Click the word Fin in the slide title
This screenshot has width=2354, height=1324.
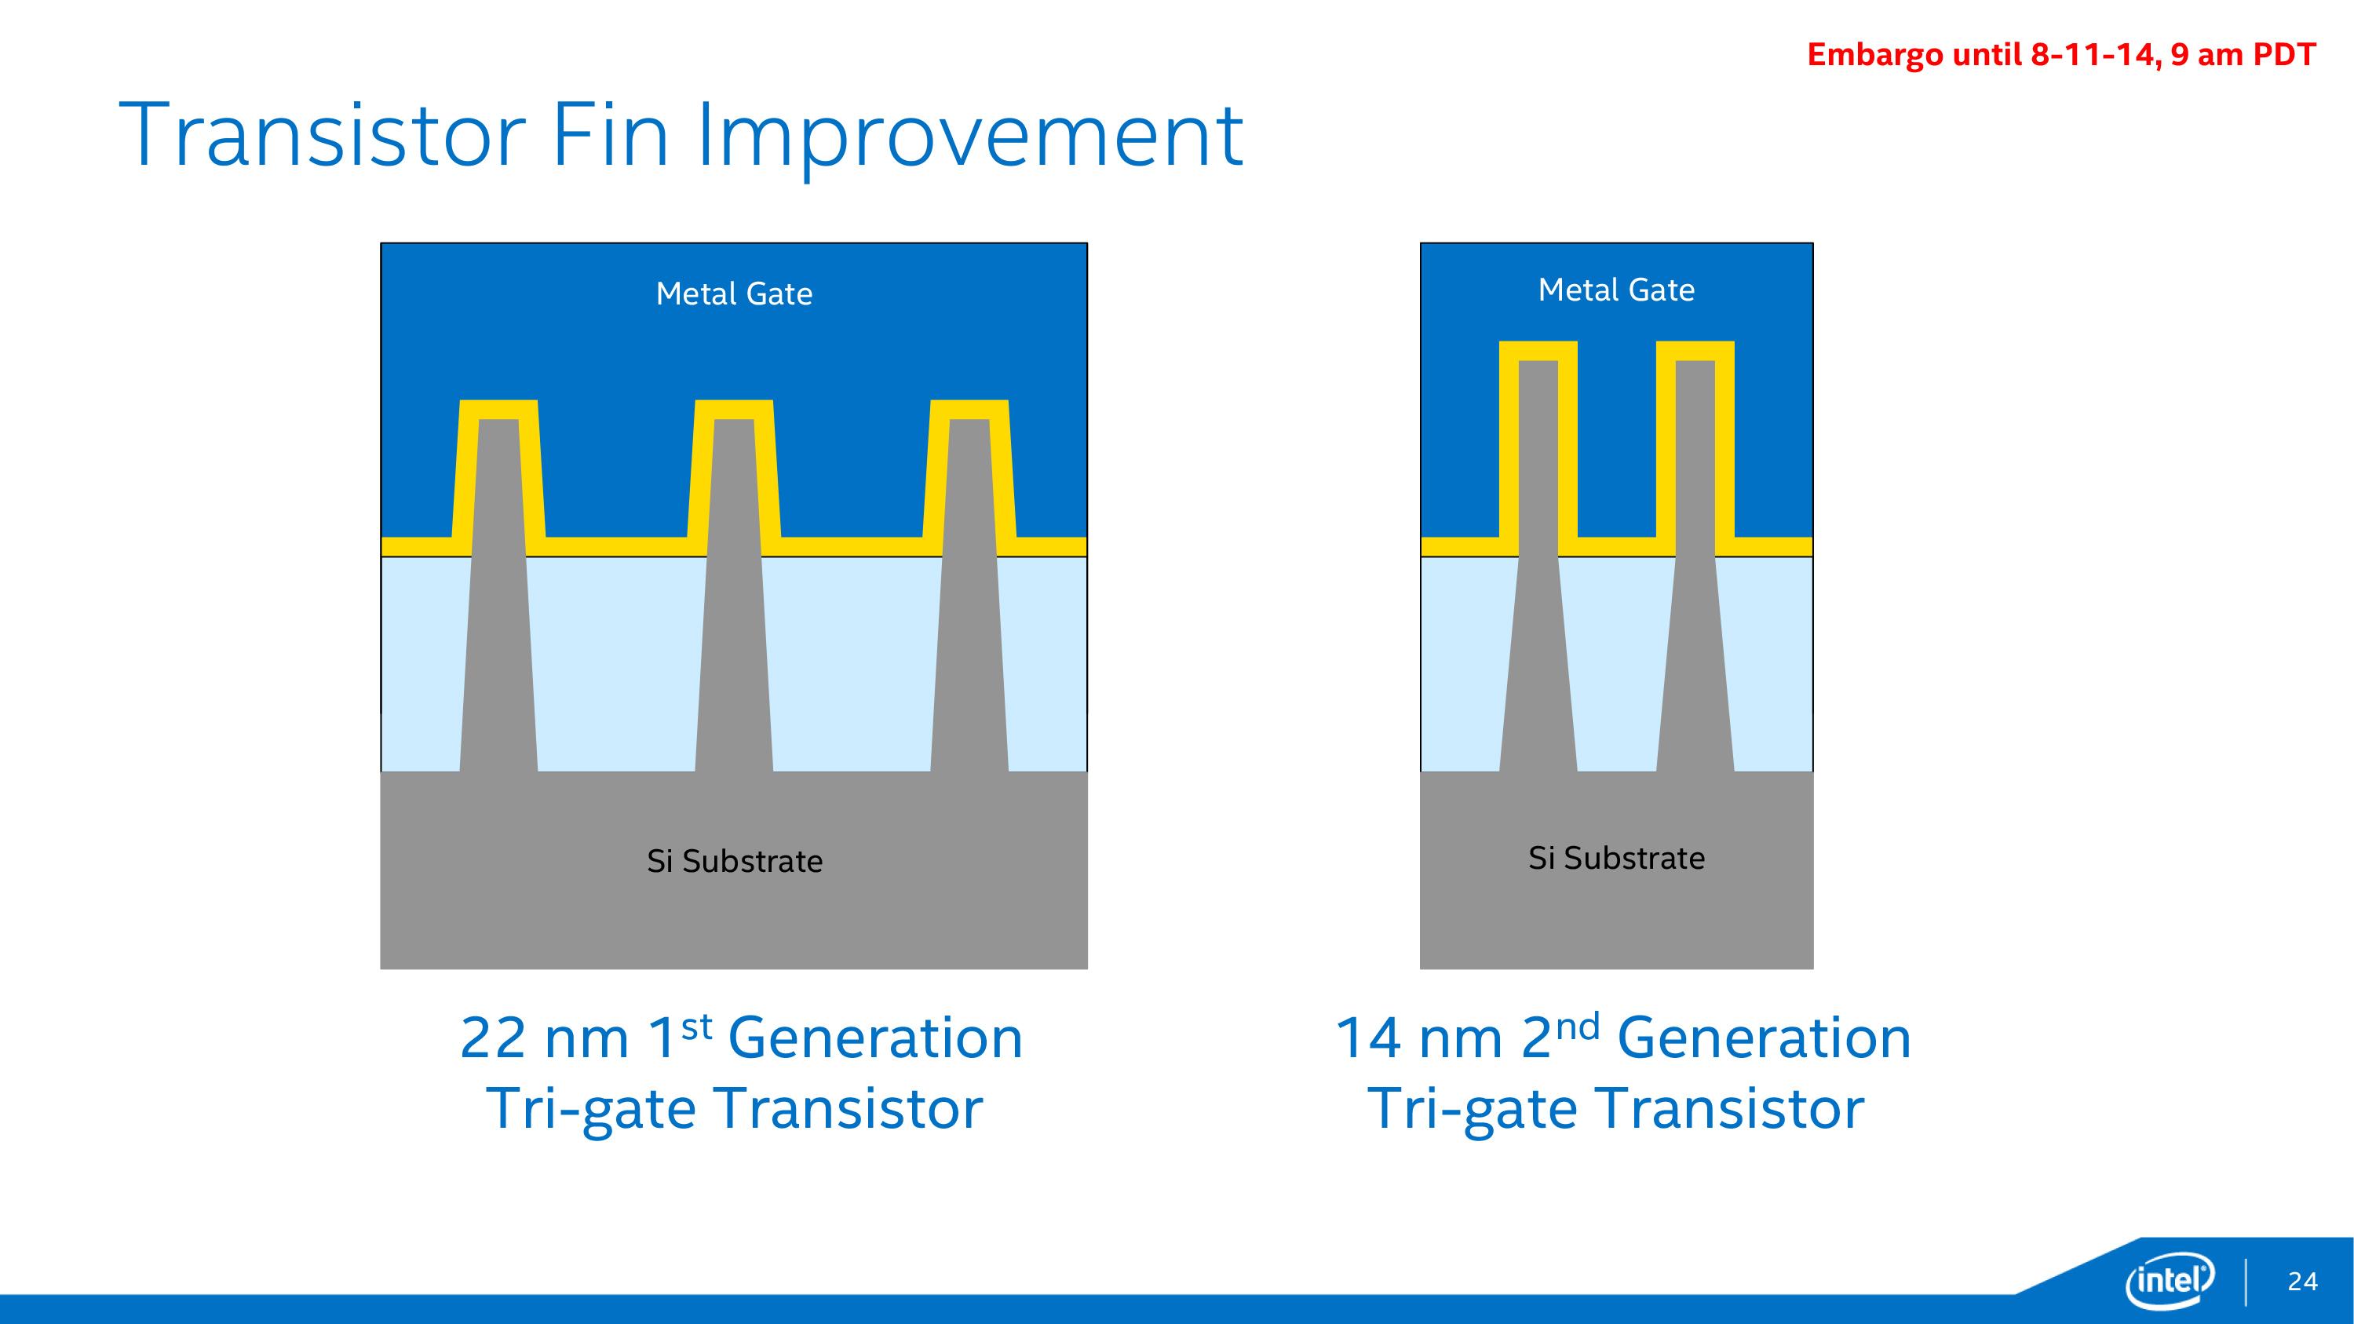click(611, 135)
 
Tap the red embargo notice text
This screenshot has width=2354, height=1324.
click(2060, 55)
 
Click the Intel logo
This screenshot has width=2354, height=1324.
click(2170, 1280)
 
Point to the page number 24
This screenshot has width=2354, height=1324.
click(2303, 1282)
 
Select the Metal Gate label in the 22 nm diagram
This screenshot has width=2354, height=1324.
click(734, 294)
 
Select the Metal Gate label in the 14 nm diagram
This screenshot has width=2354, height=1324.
click(1615, 290)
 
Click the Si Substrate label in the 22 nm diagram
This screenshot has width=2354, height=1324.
click(734, 861)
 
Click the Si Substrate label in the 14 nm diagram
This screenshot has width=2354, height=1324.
click(1615, 858)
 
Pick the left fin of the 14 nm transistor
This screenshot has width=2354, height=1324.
click(1538, 567)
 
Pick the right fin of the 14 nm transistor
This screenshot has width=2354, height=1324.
click(1695, 567)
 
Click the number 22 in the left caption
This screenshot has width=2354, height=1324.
click(494, 1038)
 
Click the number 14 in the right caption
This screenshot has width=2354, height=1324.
click(1368, 1038)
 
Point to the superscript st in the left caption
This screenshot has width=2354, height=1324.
click(696, 1027)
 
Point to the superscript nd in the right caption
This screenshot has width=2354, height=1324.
click(1578, 1027)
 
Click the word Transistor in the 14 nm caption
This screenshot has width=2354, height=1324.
click(1731, 1108)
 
